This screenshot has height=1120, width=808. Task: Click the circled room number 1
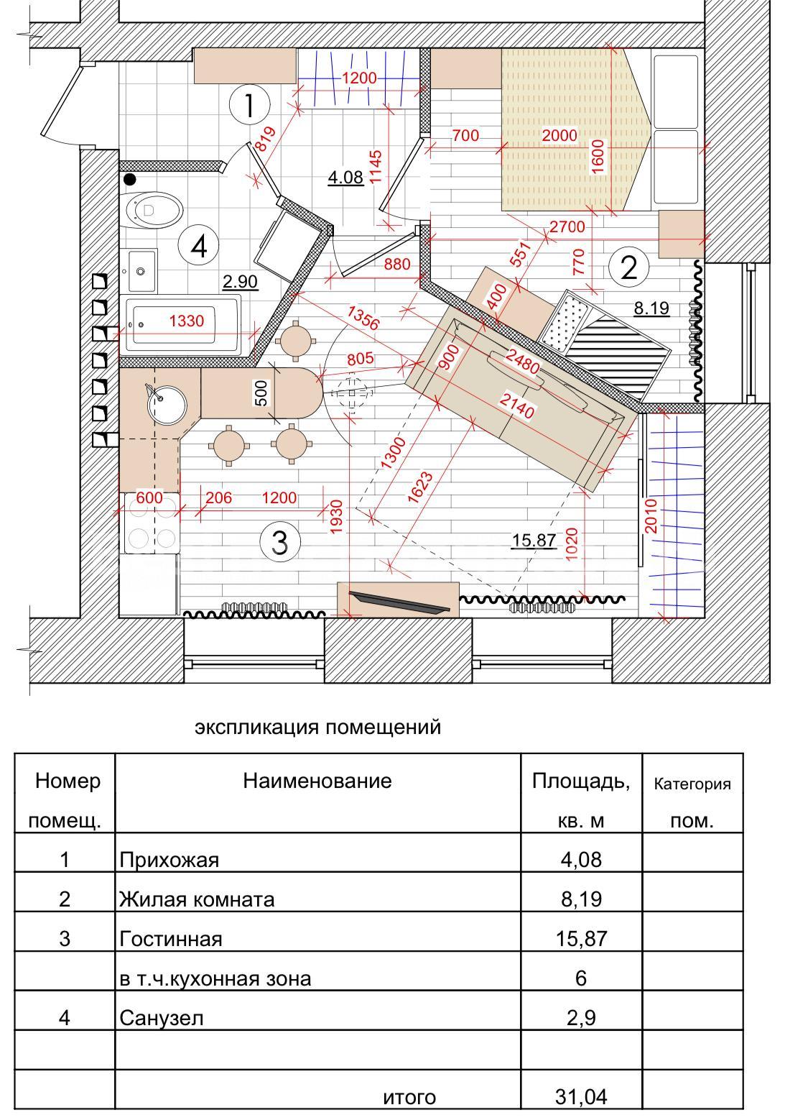pos(249,104)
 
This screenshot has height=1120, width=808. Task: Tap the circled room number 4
pos(200,245)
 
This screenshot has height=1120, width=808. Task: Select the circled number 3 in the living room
pos(280,541)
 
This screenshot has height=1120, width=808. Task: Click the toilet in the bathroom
pos(154,211)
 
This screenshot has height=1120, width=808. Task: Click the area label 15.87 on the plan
pos(534,540)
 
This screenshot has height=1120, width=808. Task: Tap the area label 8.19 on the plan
pos(651,308)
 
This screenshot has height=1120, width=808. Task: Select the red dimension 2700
pos(567,226)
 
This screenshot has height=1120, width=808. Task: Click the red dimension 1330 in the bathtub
pos(187,321)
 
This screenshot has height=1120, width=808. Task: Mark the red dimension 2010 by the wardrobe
pos(651,515)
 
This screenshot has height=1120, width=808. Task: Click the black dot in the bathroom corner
pos(130,178)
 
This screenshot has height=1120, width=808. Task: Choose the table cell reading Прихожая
pos(169,860)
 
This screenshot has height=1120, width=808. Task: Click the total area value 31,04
pos(581,1093)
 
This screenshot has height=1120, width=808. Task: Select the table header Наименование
pos(317,781)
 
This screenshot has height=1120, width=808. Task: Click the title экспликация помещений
pos(317,727)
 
